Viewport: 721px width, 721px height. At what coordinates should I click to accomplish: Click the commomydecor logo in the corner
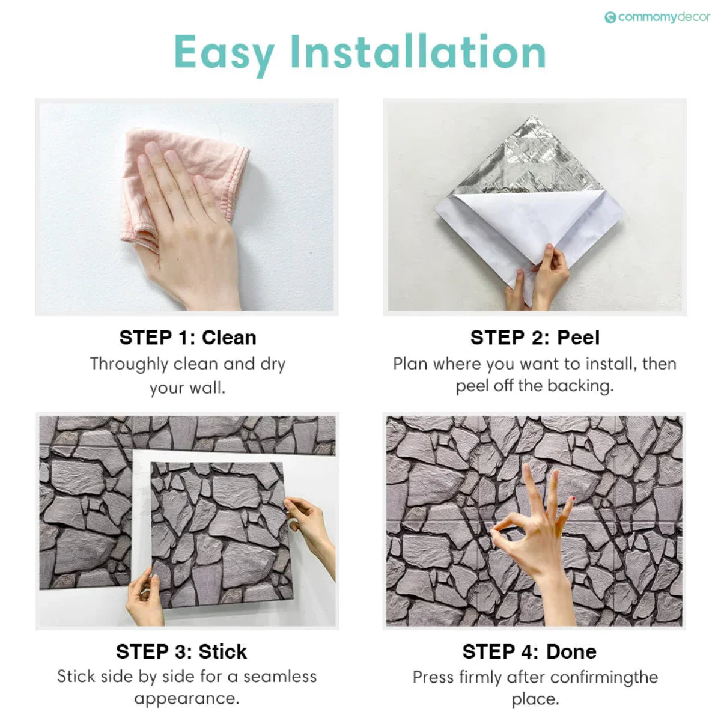[657, 17]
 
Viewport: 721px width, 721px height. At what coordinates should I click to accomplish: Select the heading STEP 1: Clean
[187, 338]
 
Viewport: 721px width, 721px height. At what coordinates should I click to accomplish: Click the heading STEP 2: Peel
[535, 338]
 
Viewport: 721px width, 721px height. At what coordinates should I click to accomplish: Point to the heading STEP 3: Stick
[181, 651]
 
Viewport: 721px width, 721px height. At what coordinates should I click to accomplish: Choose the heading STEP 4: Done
[529, 651]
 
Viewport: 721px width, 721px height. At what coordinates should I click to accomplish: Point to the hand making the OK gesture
[535, 529]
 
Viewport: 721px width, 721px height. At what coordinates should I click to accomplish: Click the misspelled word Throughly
[129, 364]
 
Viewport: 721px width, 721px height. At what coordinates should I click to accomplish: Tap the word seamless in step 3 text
[279, 677]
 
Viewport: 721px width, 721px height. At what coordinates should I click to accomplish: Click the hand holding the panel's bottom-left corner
[144, 595]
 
